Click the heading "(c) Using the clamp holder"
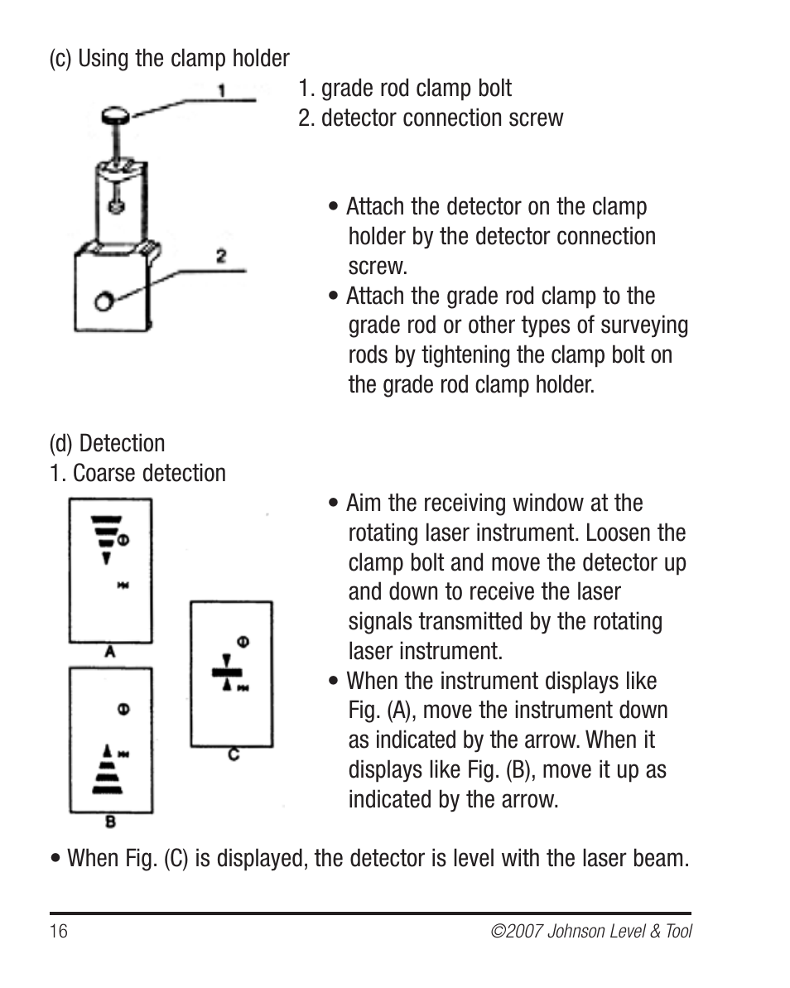[x=169, y=59]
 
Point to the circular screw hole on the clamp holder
[x=104, y=301]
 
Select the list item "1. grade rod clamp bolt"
[x=405, y=89]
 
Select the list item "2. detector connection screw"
[x=431, y=118]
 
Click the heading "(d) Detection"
[x=107, y=444]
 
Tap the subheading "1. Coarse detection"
[x=137, y=474]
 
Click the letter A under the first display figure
[x=109, y=653]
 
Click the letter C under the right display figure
[x=234, y=754]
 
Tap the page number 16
[x=58, y=931]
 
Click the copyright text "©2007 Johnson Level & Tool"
[x=591, y=931]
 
